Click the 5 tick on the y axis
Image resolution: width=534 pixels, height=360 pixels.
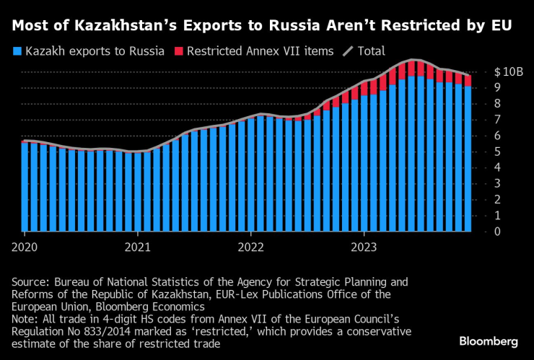[x=498, y=152]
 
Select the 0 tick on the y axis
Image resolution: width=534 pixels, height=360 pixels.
[x=498, y=232]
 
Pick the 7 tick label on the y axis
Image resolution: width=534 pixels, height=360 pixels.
[x=498, y=120]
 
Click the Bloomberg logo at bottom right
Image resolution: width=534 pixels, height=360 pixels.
[x=489, y=341]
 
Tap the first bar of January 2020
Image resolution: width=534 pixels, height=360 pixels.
[x=25, y=187]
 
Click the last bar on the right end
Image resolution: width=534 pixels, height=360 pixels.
[x=468, y=155]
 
